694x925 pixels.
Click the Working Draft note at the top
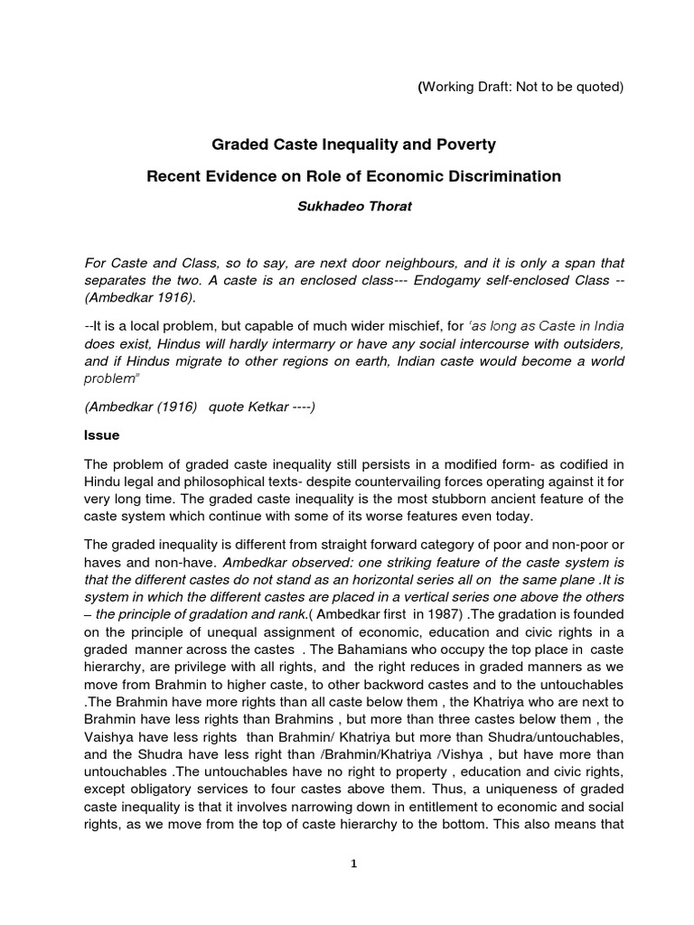[520, 87]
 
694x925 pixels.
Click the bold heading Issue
[100, 434]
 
